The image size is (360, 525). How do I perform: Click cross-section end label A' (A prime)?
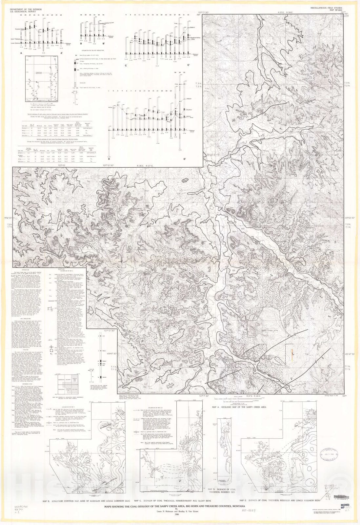61,52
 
